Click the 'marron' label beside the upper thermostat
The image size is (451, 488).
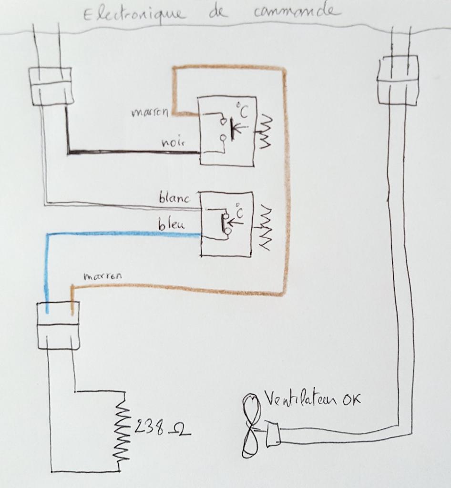click(x=150, y=113)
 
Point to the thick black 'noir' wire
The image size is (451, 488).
click(x=133, y=153)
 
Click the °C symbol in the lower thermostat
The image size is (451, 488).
click(x=238, y=213)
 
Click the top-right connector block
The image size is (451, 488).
click(x=398, y=80)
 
